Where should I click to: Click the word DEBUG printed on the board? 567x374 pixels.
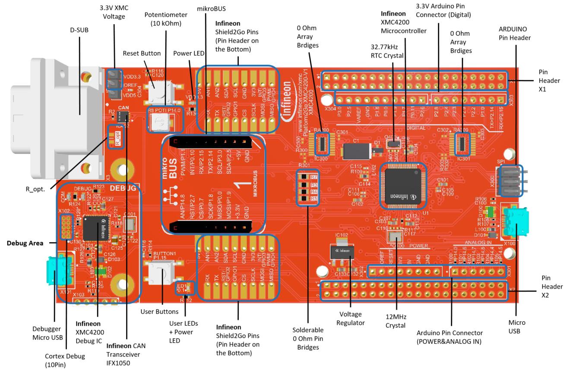coord(124,188)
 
